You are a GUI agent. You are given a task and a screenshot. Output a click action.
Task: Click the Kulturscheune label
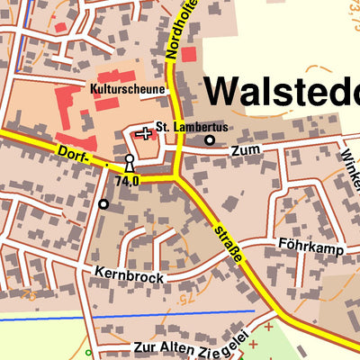tap(127, 90)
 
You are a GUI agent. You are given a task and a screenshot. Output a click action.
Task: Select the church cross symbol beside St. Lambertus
tap(144, 133)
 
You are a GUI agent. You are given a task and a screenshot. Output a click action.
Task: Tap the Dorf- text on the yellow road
tap(72, 153)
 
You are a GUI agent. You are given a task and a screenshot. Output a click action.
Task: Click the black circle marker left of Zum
tap(210, 140)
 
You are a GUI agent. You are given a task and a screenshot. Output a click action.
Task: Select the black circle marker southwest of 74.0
tap(103, 204)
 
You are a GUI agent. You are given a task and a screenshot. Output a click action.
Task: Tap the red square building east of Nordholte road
tap(188, 54)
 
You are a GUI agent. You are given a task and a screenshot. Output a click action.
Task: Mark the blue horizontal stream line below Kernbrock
tap(135, 316)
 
